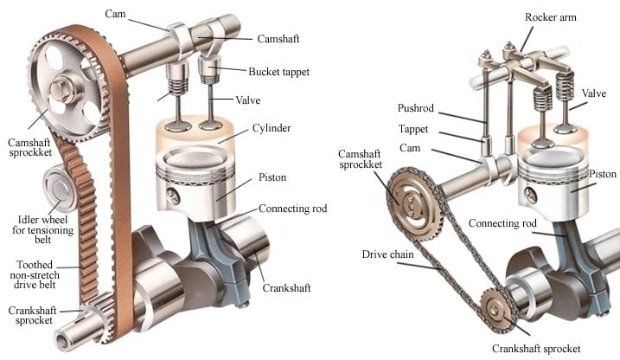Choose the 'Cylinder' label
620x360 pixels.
click(272, 128)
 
